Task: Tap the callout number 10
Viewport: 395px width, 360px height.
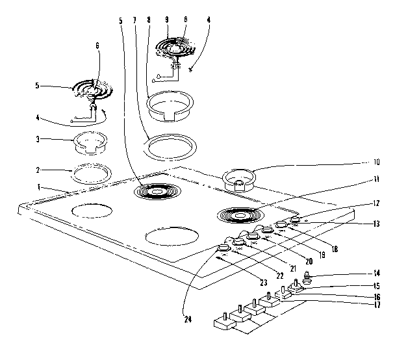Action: coord(377,162)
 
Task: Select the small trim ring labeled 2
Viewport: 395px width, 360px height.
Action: coord(90,174)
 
